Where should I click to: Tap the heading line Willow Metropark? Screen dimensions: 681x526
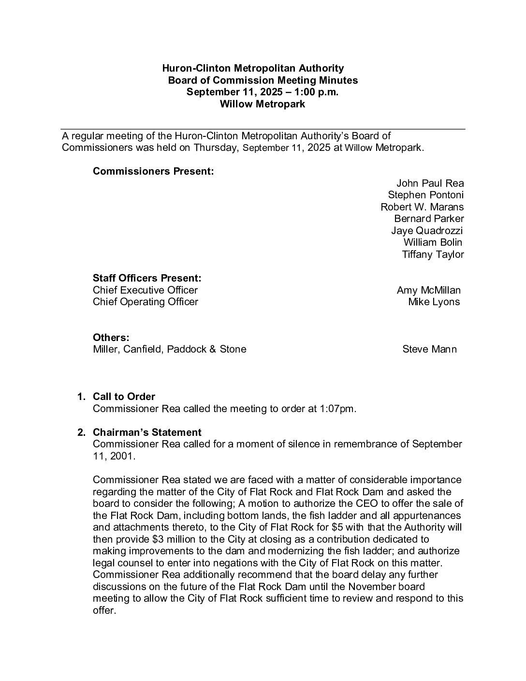click(263, 104)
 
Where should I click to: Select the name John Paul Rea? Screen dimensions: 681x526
click(430, 183)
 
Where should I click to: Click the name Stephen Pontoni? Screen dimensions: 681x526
click(425, 195)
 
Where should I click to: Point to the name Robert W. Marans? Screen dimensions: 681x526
click(422, 207)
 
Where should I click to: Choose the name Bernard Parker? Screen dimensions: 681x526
click(429, 219)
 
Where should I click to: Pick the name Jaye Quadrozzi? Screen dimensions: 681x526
click(427, 231)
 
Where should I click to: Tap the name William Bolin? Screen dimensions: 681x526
click(433, 242)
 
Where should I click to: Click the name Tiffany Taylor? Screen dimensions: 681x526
click(433, 254)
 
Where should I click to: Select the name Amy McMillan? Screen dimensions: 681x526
click(428, 290)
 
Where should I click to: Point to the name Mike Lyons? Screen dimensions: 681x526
click(434, 302)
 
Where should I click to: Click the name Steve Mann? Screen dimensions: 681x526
click(429, 349)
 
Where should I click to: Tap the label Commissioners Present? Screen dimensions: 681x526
click(153, 171)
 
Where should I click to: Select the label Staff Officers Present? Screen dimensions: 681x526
click(147, 278)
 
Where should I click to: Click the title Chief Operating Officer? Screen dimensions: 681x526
click(146, 302)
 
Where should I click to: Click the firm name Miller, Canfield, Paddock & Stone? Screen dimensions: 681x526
click(169, 349)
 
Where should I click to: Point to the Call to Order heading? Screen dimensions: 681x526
click(124, 397)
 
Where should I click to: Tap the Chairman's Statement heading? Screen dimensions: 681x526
click(147, 432)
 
